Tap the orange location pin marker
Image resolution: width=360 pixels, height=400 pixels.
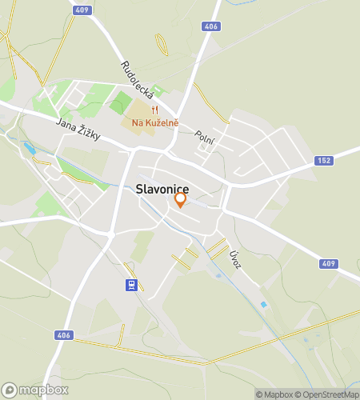coord(181,199)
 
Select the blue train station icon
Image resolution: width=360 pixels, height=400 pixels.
coord(130,284)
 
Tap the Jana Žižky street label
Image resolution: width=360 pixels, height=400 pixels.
coord(78,130)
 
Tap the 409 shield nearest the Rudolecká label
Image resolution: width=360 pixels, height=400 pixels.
coord(80,10)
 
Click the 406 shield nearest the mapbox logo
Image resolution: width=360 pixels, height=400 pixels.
coord(63,335)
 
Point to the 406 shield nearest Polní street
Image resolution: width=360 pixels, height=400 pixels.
coord(211,26)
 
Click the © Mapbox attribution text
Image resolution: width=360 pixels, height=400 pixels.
coord(274,394)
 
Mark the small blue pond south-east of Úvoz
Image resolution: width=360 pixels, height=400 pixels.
coord(263,304)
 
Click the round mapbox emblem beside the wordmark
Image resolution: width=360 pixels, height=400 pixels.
coord(10,390)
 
